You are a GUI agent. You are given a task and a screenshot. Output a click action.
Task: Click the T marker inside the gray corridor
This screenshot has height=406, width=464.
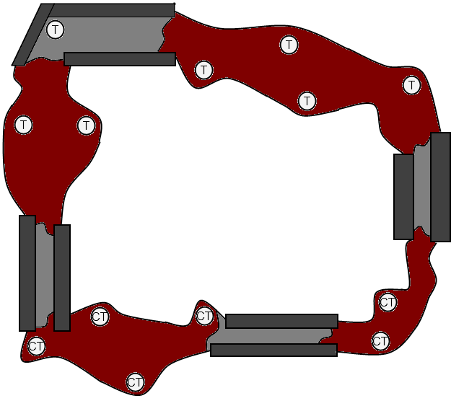point(56,30)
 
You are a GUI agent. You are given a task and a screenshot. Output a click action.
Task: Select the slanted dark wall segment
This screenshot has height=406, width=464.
point(33,35)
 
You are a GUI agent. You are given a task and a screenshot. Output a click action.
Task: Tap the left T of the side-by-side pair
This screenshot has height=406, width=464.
point(23,125)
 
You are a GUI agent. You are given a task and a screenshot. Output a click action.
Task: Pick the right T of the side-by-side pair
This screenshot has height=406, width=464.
point(86,125)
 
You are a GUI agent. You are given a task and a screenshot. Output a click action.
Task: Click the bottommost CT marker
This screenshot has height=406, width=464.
point(135,382)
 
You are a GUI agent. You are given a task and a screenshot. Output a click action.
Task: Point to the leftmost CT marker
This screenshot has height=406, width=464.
point(36,345)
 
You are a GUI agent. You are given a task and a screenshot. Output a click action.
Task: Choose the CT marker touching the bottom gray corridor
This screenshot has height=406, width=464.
point(204,316)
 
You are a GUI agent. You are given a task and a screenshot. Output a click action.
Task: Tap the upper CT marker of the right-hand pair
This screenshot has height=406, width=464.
point(388,302)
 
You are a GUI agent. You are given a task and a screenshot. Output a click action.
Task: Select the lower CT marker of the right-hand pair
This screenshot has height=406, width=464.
point(380,341)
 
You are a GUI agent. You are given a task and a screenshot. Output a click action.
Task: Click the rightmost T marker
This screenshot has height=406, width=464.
point(411,85)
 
